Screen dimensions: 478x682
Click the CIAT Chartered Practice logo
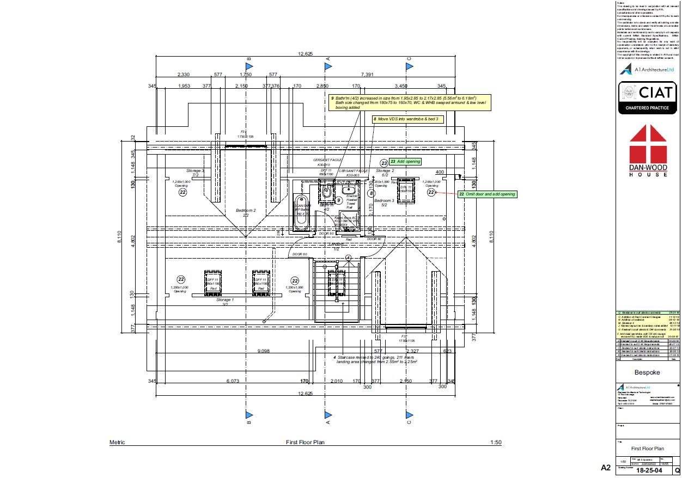(647, 98)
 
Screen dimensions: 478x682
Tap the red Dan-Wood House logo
(648, 150)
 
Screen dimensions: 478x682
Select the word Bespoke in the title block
(647, 388)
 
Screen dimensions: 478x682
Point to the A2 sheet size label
(605, 468)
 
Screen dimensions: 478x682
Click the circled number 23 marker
(384, 162)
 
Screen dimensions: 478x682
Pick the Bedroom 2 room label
(246, 211)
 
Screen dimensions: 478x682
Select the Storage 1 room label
(225, 300)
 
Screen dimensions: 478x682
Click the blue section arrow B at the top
(248, 66)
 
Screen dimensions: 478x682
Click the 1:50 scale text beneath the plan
(496, 443)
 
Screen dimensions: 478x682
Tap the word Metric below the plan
(117, 443)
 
